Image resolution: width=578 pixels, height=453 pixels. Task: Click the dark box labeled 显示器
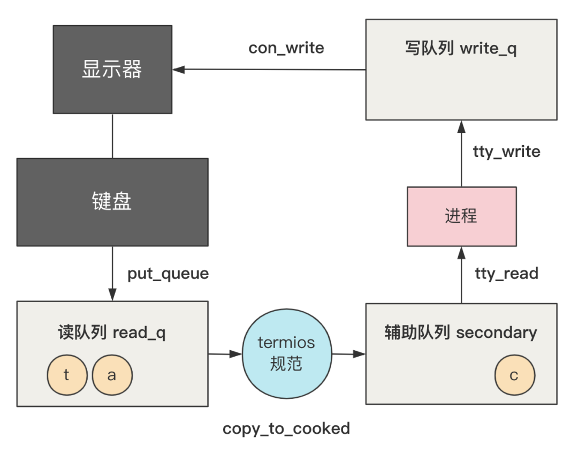tap(112, 69)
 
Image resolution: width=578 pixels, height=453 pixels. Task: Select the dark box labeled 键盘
tap(112, 202)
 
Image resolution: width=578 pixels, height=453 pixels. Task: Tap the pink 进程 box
tap(461, 216)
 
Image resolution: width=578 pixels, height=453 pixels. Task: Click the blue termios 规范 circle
tap(286, 353)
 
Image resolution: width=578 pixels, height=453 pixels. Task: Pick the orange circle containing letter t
tap(67, 375)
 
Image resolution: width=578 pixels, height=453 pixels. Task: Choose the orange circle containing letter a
tap(112, 375)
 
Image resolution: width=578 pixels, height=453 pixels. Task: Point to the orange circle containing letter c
tap(514, 375)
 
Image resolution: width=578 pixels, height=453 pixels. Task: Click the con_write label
tap(286, 48)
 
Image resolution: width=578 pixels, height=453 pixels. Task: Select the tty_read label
tap(506, 274)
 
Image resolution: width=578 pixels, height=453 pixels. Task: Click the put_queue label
tap(168, 274)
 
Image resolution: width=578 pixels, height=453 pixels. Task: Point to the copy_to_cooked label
tap(286, 428)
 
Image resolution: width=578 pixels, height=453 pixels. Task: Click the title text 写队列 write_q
tap(461, 49)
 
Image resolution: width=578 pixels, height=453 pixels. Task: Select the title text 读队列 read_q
tap(112, 333)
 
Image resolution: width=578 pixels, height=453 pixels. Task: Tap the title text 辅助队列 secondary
tap(461, 333)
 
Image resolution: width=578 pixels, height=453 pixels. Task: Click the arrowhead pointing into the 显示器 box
tap(178, 69)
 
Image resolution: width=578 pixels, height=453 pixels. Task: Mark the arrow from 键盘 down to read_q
tap(112, 273)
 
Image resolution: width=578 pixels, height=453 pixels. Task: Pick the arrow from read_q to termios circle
tap(225, 354)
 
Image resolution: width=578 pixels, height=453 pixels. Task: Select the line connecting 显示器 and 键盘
tap(112, 135)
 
